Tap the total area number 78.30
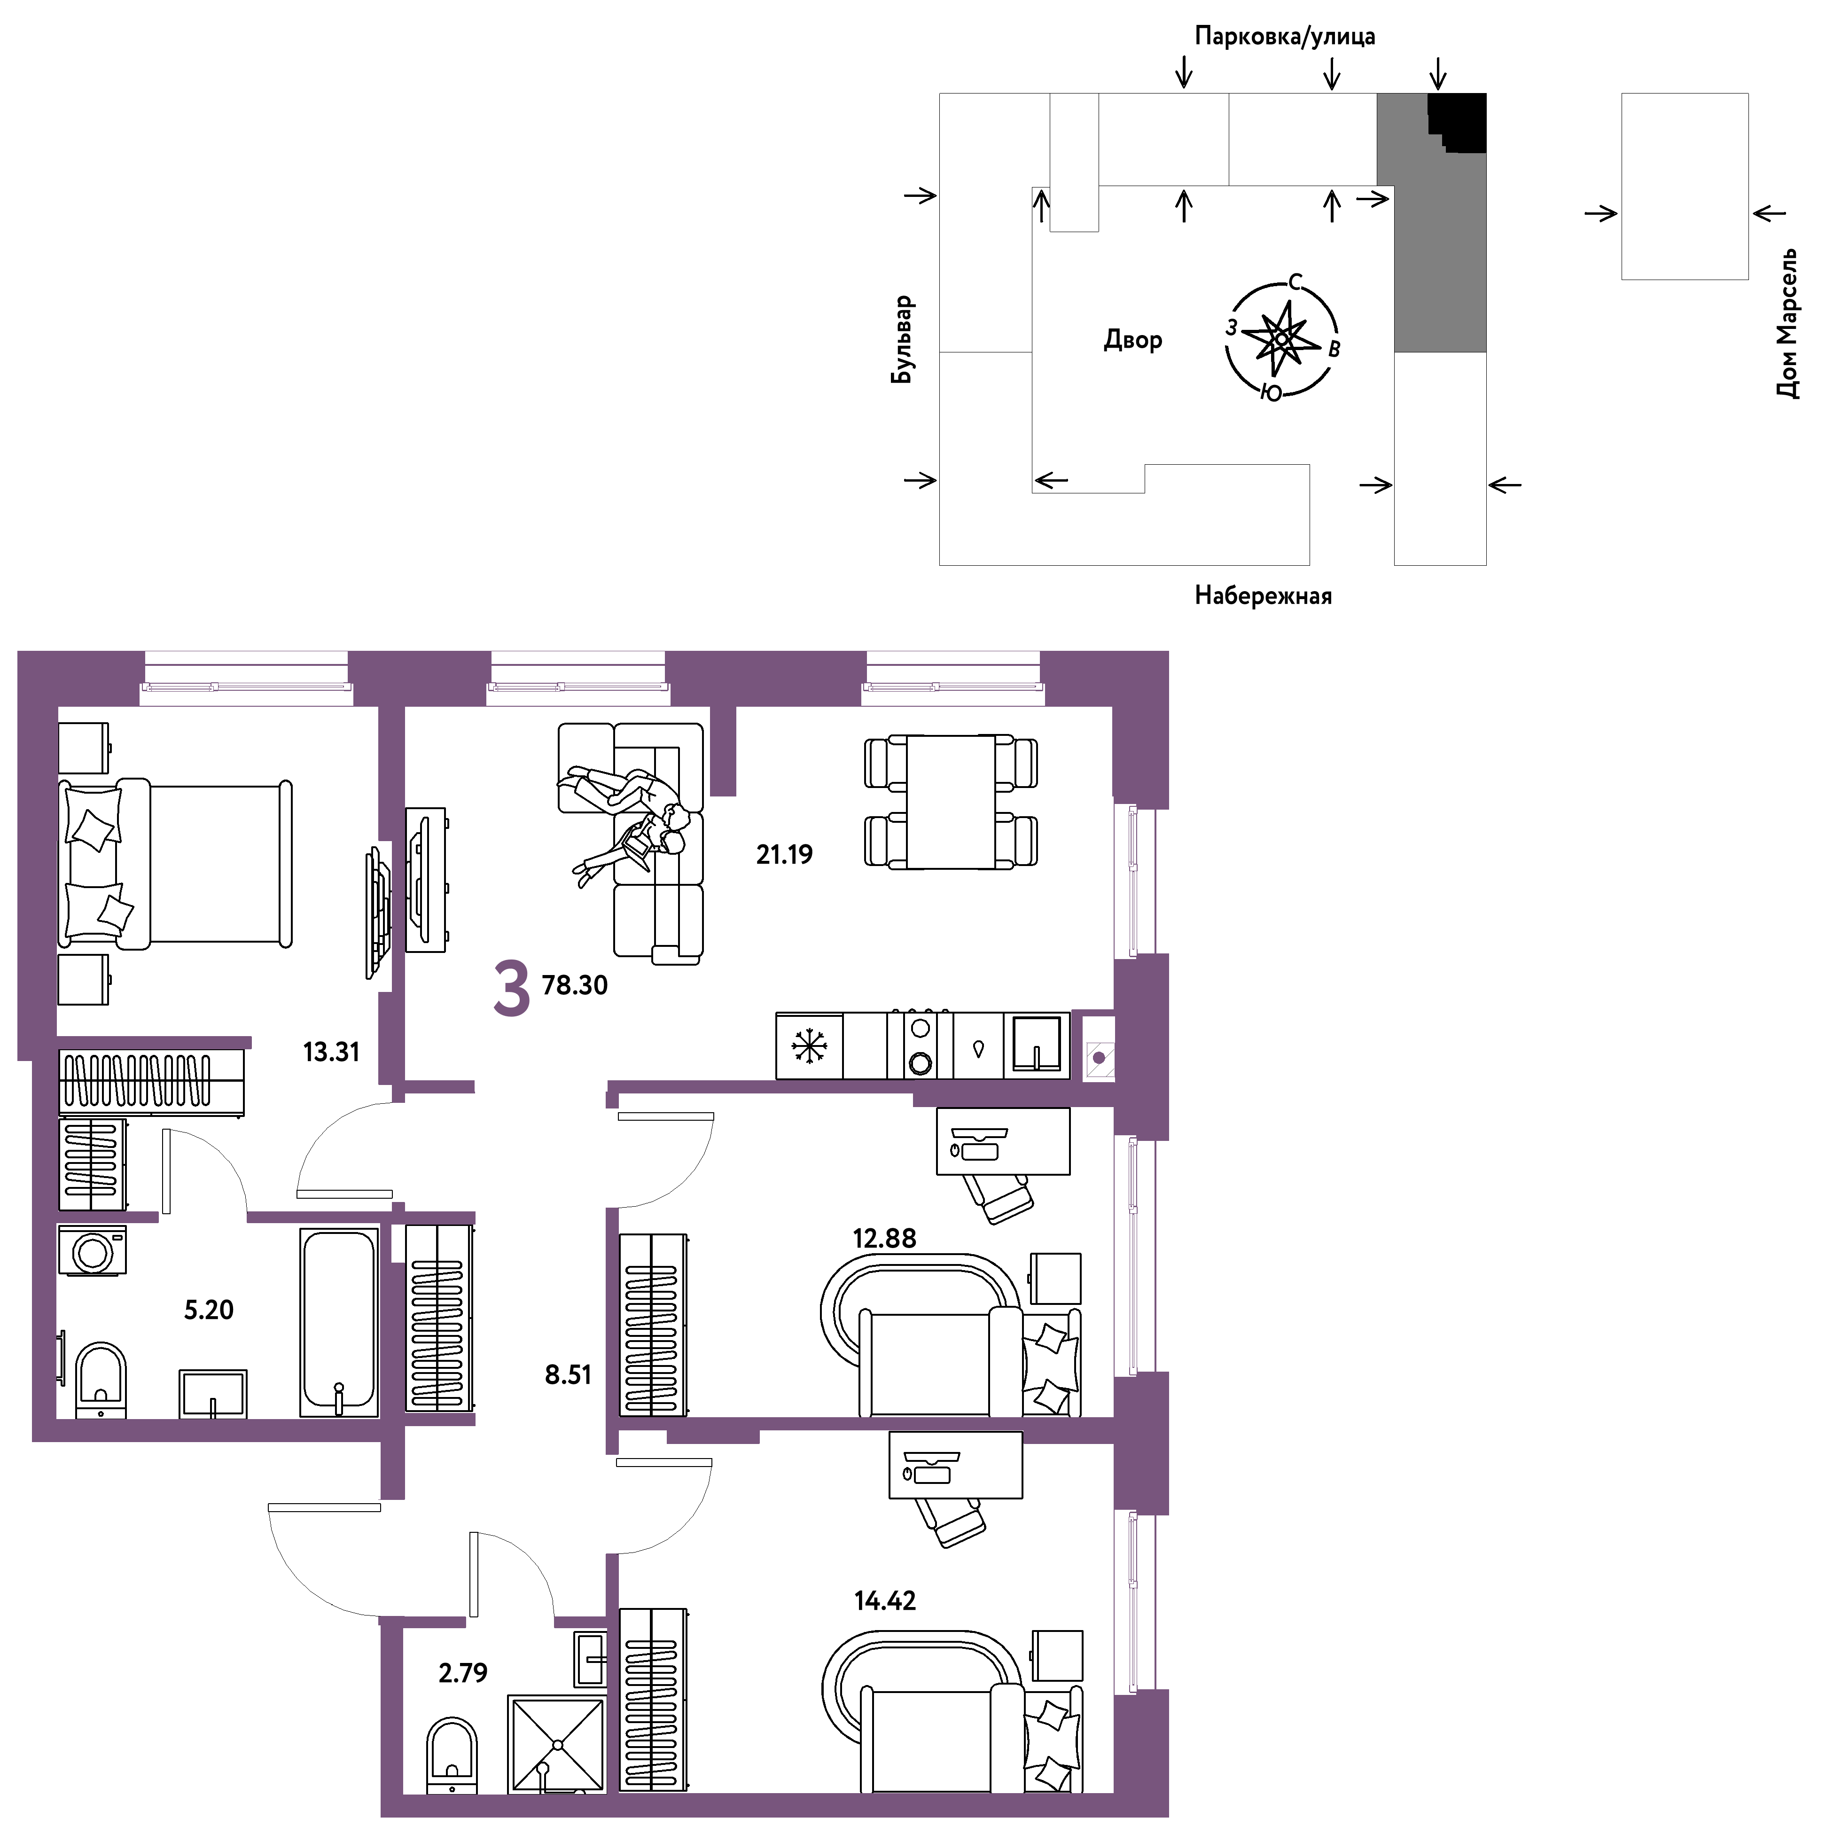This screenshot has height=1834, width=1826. pyautogui.click(x=575, y=985)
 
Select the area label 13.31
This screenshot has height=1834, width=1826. pyautogui.click(x=331, y=1052)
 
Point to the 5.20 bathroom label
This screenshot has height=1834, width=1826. pyautogui.click(x=209, y=1310)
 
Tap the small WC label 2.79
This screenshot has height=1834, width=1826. pyautogui.click(x=463, y=1673)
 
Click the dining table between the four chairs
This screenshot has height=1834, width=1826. pyautogui.click(x=951, y=801)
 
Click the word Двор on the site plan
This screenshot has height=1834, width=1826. pyautogui.click(x=1133, y=340)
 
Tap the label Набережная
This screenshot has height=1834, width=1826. pyautogui.click(x=1263, y=596)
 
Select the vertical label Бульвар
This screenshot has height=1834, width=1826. pyautogui.click(x=903, y=339)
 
